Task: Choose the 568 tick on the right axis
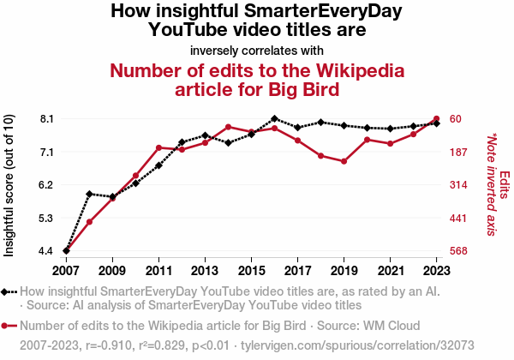click(459, 251)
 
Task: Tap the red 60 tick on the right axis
click(456, 118)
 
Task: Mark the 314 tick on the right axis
click(459, 184)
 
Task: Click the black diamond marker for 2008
click(89, 194)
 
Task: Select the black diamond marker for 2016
click(274, 118)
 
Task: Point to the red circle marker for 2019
click(344, 161)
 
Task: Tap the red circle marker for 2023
click(436, 118)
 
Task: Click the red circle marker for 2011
click(158, 147)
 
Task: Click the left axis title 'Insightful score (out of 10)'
click(9, 185)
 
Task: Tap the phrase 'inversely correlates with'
click(257, 49)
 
